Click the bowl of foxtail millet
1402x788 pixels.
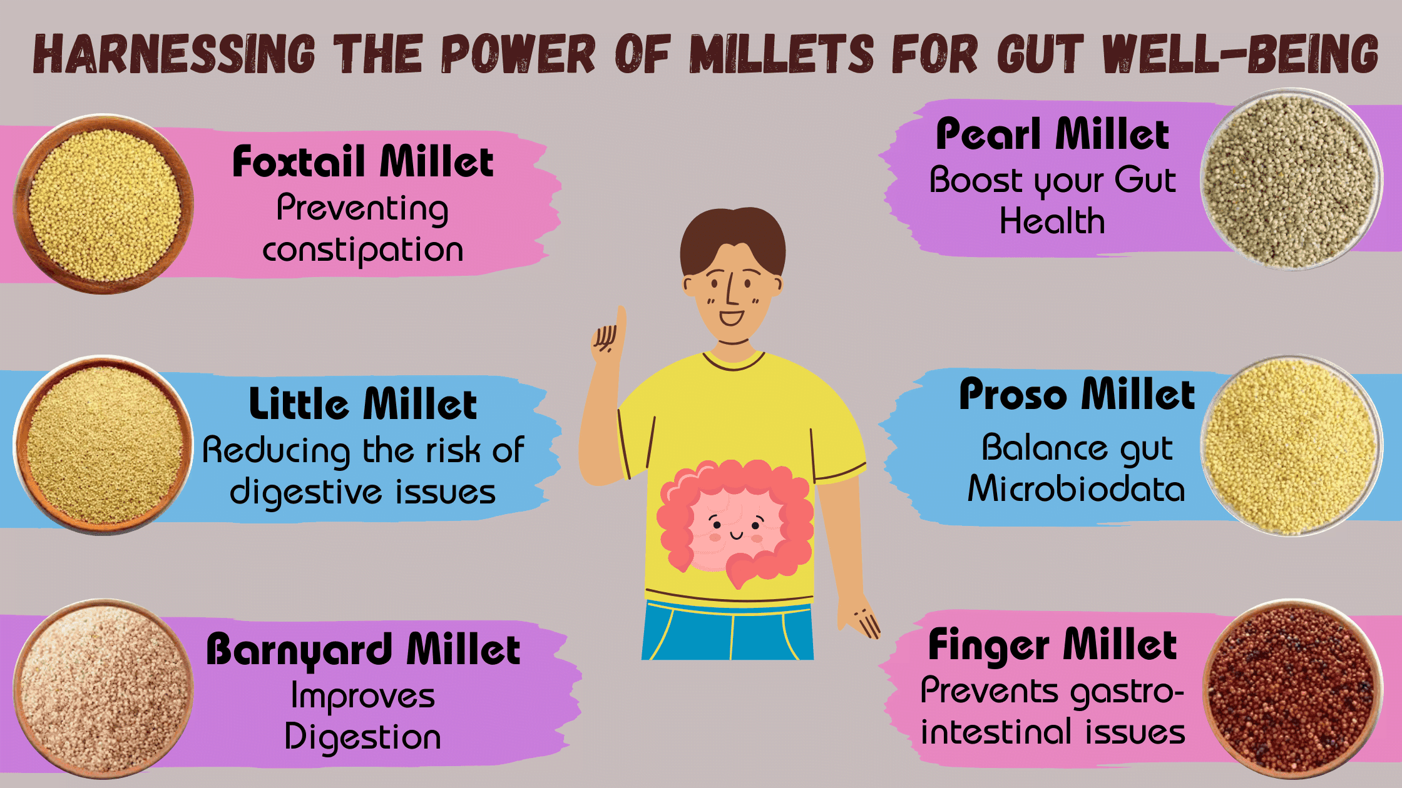[104, 204]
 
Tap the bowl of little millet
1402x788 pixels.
[104, 445]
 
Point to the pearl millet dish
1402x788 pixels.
[1291, 179]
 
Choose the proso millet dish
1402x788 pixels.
[1291, 446]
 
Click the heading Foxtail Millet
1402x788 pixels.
[362, 162]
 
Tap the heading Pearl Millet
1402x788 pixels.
[1052, 134]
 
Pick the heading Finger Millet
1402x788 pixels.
[1052, 645]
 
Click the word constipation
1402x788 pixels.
[362, 250]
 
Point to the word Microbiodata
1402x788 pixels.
[1076, 489]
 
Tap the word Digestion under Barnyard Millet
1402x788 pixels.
[362, 737]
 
